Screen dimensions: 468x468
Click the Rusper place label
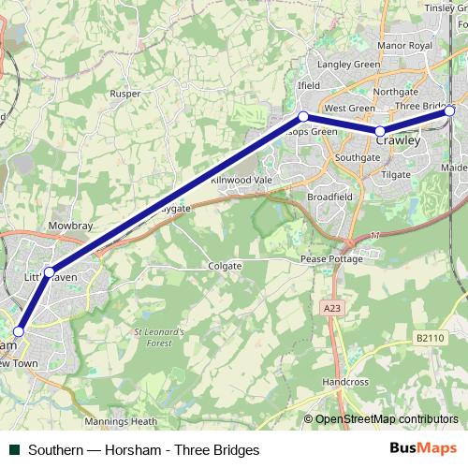[x=124, y=94]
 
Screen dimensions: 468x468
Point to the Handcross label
[x=345, y=383]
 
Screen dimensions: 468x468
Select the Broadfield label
[x=329, y=197]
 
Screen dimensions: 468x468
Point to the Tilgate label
[x=396, y=175]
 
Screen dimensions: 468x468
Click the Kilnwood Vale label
[x=240, y=179]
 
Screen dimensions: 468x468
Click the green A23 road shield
[x=331, y=307]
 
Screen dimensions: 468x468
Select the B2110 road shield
[x=430, y=337]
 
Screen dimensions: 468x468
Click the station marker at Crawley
[x=381, y=132]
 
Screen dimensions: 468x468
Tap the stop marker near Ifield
[x=302, y=116]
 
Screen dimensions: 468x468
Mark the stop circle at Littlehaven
[x=51, y=271]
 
